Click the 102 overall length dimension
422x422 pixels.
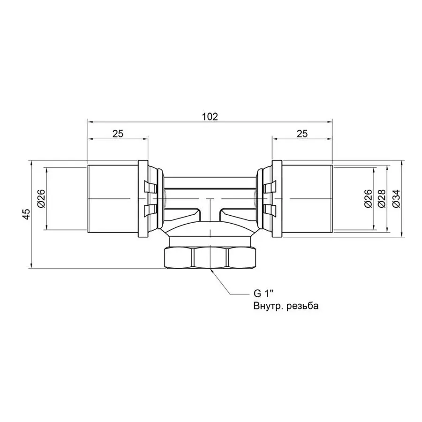(210, 117)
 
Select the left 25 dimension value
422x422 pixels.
(118, 134)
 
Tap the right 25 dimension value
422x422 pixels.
(302, 134)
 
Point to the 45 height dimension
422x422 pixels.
(27, 214)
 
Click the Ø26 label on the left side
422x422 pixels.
(41, 199)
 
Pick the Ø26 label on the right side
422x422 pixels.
(368, 199)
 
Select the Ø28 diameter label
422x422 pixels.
(382, 199)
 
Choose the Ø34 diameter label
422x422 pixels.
(396, 199)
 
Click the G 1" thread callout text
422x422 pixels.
(264, 294)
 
